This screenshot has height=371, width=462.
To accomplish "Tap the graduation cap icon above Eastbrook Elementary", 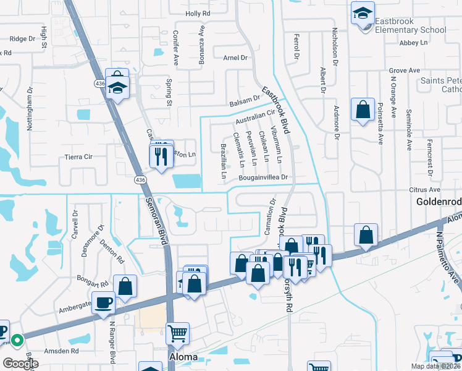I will (363, 12).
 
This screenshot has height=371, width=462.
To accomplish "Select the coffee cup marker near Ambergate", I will (103, 303).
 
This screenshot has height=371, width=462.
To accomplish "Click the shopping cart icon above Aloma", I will (178, 334).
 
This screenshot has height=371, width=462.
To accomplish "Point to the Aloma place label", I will (183, 357).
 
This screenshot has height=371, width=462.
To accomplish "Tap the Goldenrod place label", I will (438, 202).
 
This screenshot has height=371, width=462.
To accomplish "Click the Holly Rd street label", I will (198, 12).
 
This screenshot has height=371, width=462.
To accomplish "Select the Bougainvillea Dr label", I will (264, 177).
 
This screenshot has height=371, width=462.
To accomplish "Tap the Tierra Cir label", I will (78, 157).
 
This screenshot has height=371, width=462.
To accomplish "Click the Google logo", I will (20, 364).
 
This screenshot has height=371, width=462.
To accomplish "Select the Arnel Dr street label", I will (235, 58).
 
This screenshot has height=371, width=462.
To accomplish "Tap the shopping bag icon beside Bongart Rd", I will (125, 286).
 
